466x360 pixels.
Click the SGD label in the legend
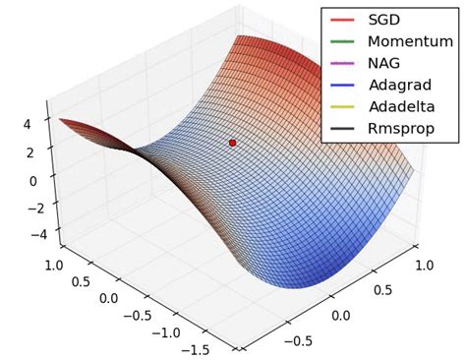point(386,20)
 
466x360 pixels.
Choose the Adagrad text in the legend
point(399,85)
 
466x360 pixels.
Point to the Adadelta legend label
point(402,106)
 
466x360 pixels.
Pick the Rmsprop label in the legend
point(402,128)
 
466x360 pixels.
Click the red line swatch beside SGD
point(342,20)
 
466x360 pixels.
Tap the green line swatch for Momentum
point(342,41)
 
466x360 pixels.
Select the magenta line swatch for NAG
point(342,63)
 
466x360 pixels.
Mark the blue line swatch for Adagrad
point(342,85)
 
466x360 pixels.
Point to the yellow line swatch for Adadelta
point(342,106)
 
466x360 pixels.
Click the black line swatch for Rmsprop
point(342,128)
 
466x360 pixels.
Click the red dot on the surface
point(233,143)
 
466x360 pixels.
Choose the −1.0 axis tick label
point(163,331)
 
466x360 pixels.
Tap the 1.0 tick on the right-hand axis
point(426,268)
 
